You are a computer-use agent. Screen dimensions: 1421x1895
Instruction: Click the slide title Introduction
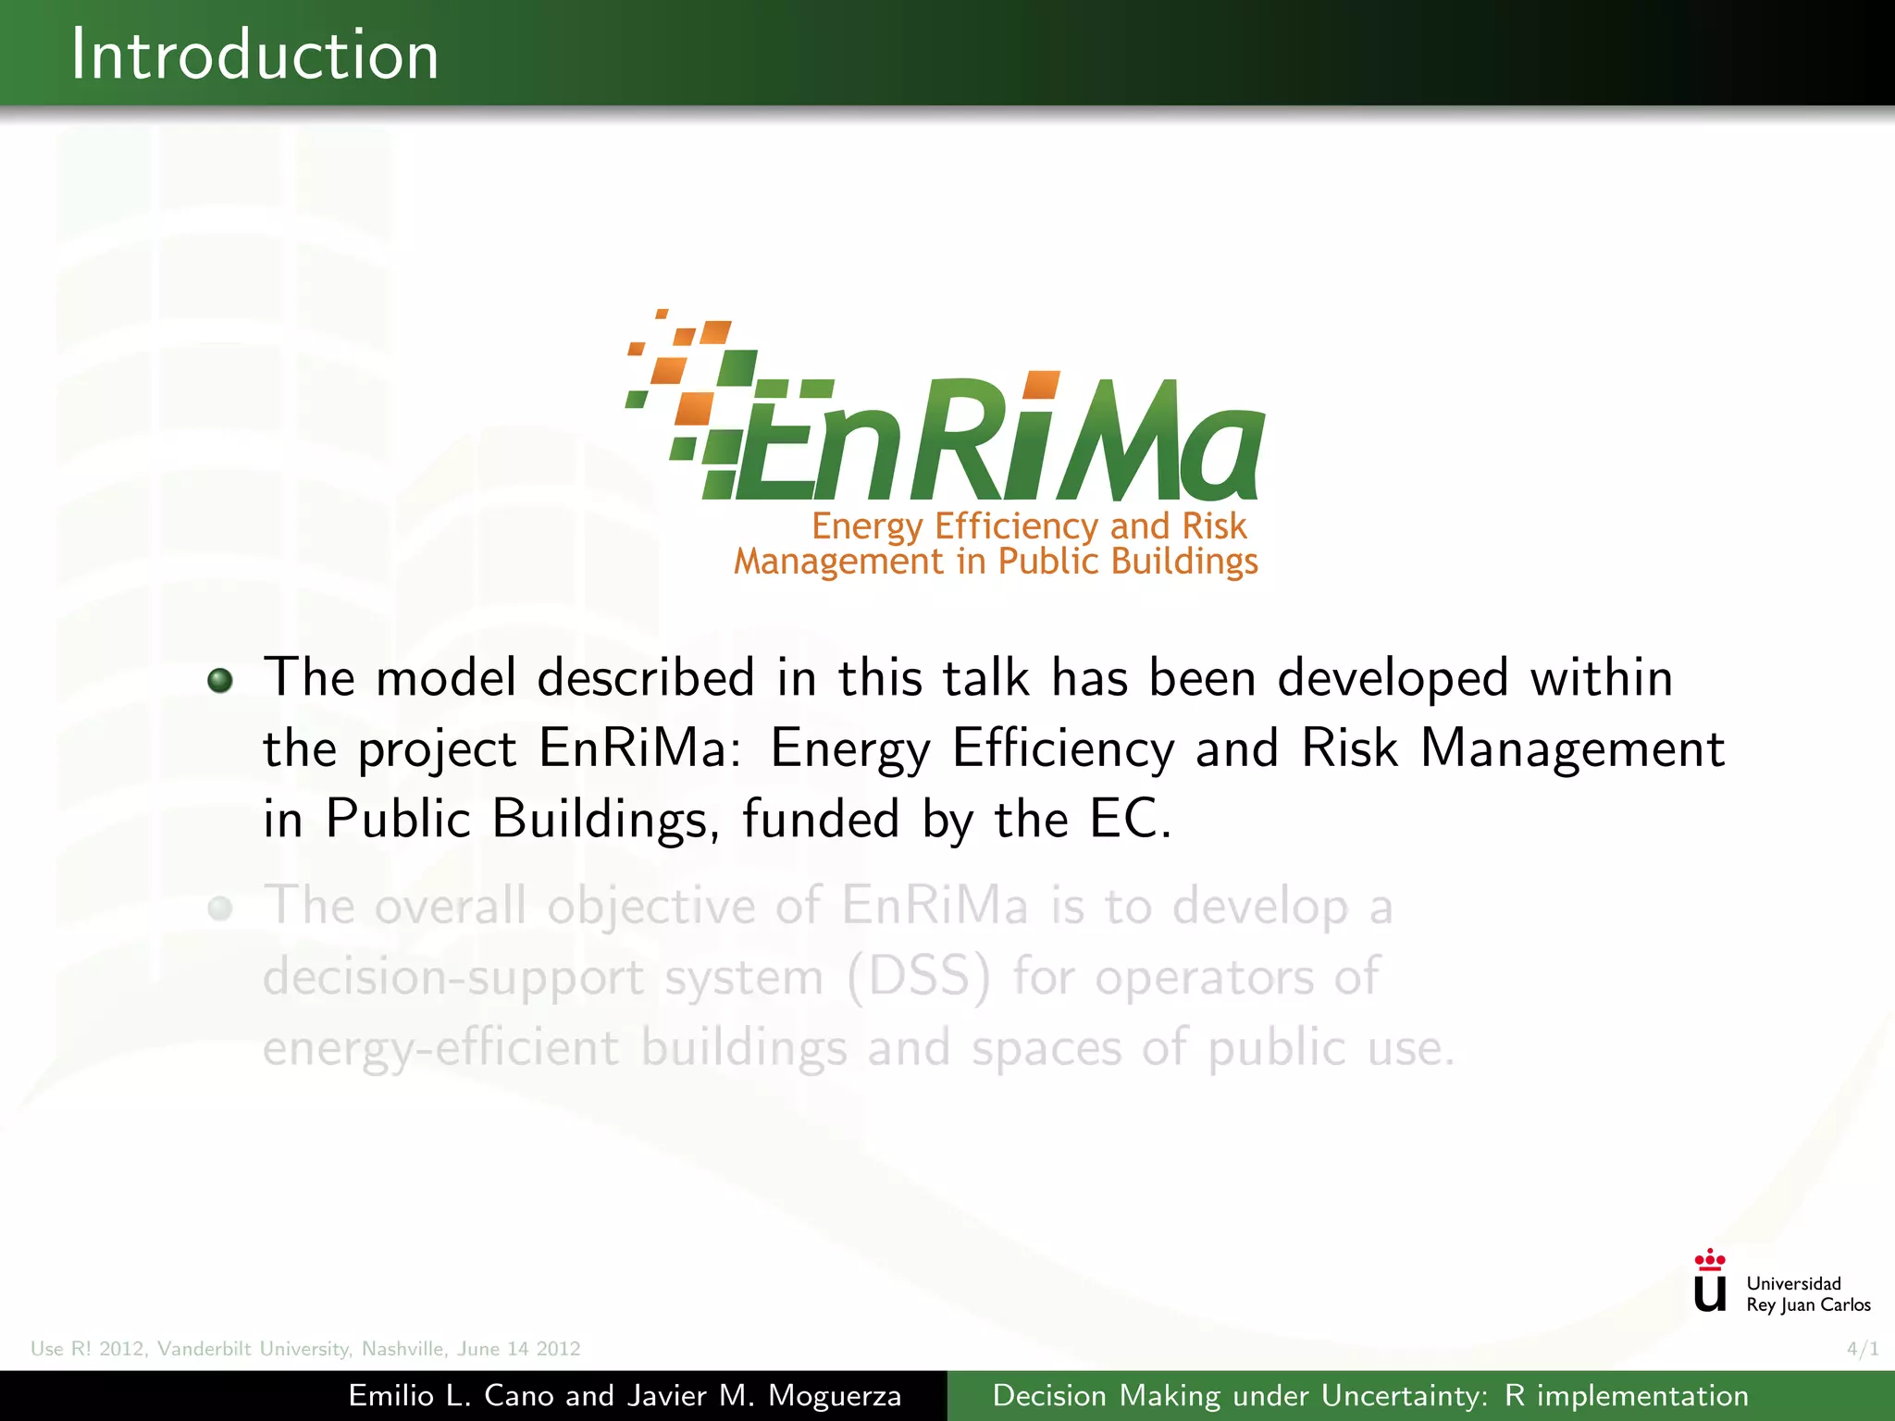[254, 56]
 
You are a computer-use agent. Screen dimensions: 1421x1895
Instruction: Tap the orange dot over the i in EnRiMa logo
[1042, 386]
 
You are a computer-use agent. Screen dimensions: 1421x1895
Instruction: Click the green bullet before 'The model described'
[220, 681]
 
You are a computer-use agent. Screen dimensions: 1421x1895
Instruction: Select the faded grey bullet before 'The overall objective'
[220, 908]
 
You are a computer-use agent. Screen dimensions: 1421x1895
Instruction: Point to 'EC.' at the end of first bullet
[1130, 819]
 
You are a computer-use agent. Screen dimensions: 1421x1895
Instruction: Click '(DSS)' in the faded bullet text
[918, 977]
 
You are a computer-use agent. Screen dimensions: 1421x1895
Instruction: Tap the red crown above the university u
[1710, 1259]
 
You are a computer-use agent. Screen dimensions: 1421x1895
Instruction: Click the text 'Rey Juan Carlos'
[1808, 1305]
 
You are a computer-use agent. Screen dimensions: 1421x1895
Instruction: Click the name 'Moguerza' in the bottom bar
[835, 1396]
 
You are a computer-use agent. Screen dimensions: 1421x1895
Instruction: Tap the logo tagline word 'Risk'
[1214, 526]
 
